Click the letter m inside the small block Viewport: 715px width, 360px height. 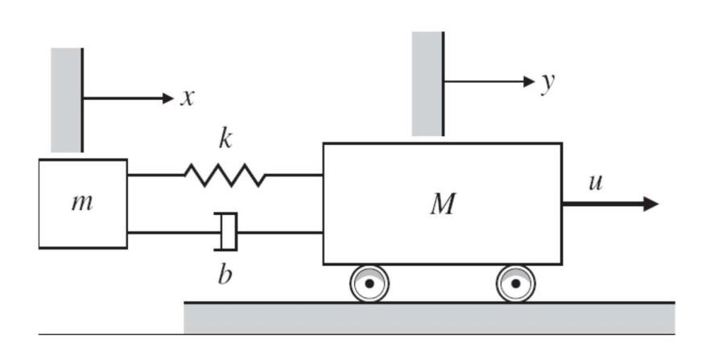pos(81,202)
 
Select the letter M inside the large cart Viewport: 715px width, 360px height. pos(442,205)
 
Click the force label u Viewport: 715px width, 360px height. pos(595,181)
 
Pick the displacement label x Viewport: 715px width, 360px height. pos(187,98)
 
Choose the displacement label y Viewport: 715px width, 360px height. pos(548,83)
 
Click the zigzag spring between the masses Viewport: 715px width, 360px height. pos(225,175)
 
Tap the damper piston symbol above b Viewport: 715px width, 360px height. pos(229,232)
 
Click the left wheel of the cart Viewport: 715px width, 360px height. pos(369,283)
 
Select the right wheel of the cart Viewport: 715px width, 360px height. pos(515,283)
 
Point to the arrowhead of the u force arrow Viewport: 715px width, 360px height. pos(650,204)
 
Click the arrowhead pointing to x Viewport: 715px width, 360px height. pos(167,98)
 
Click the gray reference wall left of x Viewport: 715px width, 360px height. pos(66,99)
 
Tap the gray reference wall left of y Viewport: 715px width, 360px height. pos(428,83)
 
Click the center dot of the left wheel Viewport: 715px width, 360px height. pos(369,283)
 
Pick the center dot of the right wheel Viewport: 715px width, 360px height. pos(515,283)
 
